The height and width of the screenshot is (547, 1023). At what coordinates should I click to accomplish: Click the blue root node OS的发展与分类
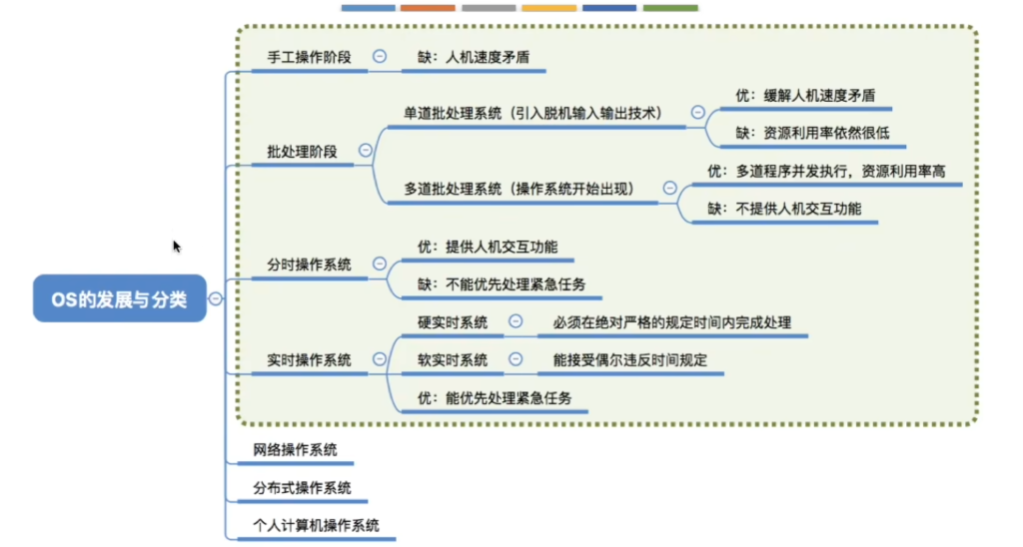coord(120,298)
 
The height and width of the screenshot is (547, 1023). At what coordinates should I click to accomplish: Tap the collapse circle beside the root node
coord(216,298)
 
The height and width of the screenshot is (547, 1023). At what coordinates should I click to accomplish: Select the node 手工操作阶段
coord(310,57)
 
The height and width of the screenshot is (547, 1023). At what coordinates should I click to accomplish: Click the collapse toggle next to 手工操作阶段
coord(379,57)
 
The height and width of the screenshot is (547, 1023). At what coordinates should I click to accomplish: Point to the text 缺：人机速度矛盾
coord(474,57)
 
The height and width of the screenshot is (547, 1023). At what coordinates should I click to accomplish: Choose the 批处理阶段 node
coord(302,152)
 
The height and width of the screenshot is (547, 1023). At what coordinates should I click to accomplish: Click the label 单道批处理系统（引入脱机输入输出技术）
coord(532,114)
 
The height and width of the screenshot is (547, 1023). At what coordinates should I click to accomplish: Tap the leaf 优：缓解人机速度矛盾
coord(805,96)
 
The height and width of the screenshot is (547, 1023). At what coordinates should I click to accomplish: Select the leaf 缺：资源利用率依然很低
coord(812,133)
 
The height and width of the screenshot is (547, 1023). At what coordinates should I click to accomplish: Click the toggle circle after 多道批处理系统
coord(669,188)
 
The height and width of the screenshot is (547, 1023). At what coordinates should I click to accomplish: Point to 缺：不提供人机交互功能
coord(784,209)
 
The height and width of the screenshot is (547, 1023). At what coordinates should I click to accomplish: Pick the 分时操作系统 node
coord(310,265)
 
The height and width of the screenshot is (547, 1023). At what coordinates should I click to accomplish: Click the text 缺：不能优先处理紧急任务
coord(502,284)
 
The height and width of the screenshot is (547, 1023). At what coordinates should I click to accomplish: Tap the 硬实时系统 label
coord(453,322)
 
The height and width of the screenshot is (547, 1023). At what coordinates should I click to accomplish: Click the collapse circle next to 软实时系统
coord(515,359)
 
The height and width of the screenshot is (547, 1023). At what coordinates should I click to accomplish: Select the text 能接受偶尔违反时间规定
coord(630,360)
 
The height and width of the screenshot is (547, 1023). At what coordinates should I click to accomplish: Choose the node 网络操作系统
coord(295,450)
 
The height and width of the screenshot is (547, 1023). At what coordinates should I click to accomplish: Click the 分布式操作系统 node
coord(302,488)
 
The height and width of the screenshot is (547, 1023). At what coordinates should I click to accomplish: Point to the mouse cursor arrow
coord(176,247)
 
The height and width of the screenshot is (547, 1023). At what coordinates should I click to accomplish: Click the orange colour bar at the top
coord(428,8)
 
